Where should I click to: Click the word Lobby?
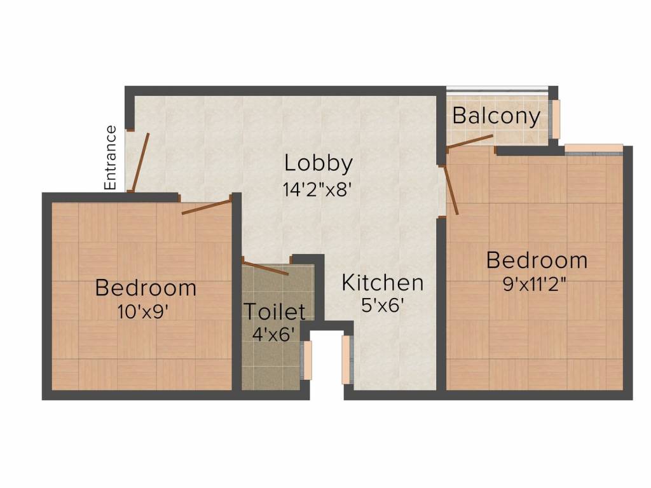point(318,163)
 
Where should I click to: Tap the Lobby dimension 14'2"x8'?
point(317,189)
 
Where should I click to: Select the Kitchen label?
point(382,283)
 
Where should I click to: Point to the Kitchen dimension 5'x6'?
point(383,306)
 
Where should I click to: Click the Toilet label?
point(275,312)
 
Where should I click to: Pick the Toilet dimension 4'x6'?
point(274,334)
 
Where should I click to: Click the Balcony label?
point(497,116)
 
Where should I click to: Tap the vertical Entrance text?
point(111,158)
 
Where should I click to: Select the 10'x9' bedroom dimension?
point(145,311)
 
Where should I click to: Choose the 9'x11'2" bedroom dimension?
point(535,284)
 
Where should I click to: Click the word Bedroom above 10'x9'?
point(146,288)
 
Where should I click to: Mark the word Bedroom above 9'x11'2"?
point(537,261)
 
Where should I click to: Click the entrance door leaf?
point(140,162)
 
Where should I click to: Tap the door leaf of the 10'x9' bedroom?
point(206,207)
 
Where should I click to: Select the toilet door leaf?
point(266,268)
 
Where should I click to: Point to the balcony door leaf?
point(470,142)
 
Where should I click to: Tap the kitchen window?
point(346,360)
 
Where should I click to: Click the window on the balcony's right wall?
point(556,119)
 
